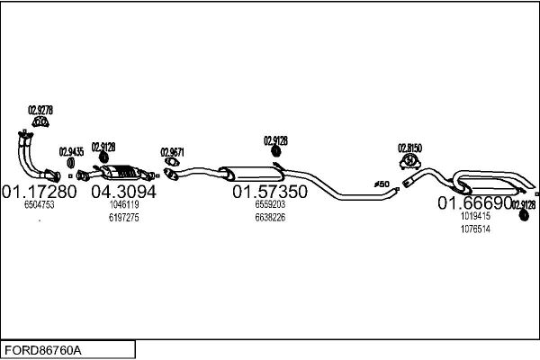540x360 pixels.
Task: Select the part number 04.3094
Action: [x=124, y=192]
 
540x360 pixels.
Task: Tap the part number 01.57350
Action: [x=270, y=192]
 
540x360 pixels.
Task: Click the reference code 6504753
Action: [x=39, y=205]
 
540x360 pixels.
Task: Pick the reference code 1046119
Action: [x=123, y=205]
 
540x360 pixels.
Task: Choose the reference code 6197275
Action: [x=123, y=218]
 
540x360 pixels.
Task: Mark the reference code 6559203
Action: [x=269, y=205]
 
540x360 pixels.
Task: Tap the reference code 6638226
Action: [x=269, y=218]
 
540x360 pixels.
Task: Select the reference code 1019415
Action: [x=474, y=216]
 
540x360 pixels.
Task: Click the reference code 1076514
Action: [x=474, y=229]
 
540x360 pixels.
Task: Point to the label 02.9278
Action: [x=40, y=110]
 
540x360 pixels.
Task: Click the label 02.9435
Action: [x=71, y=151]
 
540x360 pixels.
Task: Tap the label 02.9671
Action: [x=172, y=151]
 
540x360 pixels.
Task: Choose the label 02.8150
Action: [x=409, y=147]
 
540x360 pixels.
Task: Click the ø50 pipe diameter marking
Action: [x=382, y=184]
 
